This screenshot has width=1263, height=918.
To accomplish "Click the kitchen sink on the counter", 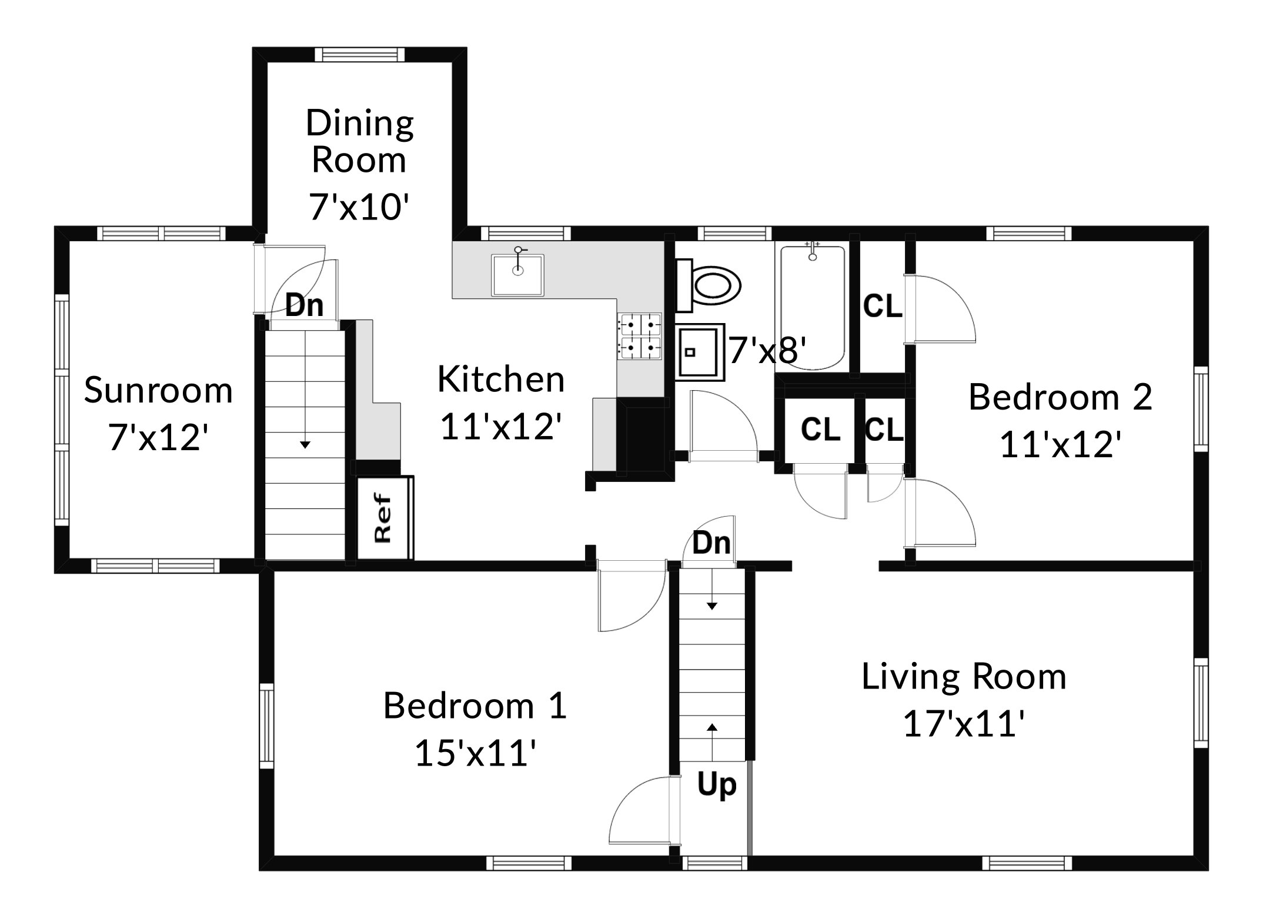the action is point(518,274).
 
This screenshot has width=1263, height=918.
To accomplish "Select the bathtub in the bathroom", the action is point(813,307).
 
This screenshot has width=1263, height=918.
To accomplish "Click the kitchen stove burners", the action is point(639,337).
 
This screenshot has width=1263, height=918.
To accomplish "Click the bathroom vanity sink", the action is point(699,352).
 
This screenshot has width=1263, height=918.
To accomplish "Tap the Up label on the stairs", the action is point(716,785).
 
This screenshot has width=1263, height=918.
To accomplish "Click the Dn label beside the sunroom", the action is point(305,305).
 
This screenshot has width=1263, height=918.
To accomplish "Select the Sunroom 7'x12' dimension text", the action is point(159,438).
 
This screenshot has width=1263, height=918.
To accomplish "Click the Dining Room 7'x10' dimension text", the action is point(359,207).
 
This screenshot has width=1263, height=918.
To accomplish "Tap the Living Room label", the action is point(964,676).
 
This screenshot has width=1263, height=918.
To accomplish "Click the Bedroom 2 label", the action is point(1060,397).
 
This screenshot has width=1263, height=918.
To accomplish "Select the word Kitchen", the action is point(501,379).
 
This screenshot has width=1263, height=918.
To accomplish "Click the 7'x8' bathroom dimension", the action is point(767,351).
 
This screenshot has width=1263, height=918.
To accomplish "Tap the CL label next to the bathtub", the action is point(883,306).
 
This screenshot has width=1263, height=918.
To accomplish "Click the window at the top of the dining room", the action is point(360,55).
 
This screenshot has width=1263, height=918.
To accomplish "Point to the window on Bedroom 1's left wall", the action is point(267,726).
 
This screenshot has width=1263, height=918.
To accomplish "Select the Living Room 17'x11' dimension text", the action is point(964,724).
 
